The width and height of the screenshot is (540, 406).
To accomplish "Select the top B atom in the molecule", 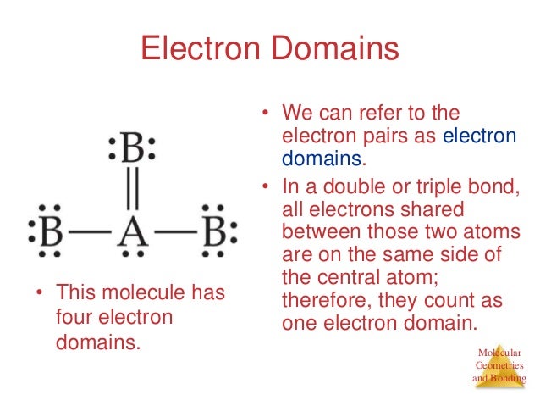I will pos(133,153).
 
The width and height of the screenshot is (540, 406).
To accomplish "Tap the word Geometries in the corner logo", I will pos(500,365).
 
